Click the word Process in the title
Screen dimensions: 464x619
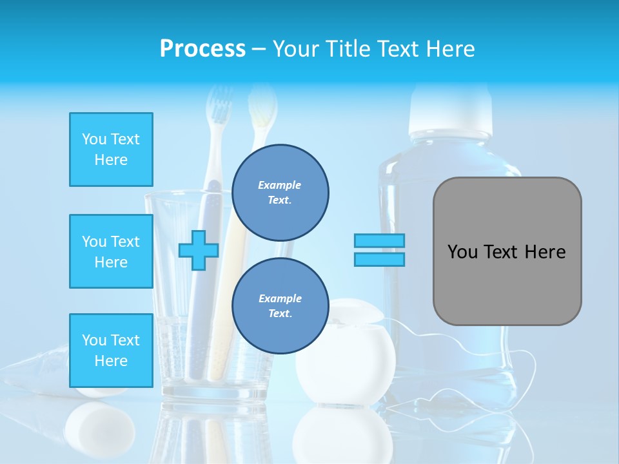pos(202,49)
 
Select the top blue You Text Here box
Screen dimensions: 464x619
pos(111,150)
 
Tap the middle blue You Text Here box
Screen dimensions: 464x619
pos(111,251)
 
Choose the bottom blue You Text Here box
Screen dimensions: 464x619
pos(111,351)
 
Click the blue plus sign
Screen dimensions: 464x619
pos(198,251)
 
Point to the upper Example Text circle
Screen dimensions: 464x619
pos(280,192)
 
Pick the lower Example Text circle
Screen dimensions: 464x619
pos(280,305)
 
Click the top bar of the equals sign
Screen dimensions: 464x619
pos(379,240)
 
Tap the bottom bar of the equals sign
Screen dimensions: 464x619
pos(379,259)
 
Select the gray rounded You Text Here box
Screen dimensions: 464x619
pos(507,251)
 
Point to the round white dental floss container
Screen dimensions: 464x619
pos(346,352)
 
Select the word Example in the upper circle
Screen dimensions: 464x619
pos(280,185)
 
